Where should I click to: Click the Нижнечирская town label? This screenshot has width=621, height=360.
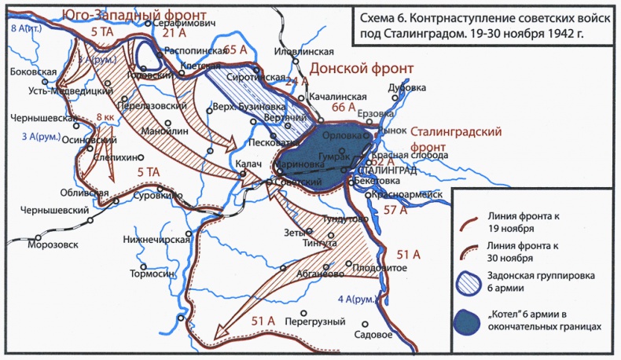point(156,239)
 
